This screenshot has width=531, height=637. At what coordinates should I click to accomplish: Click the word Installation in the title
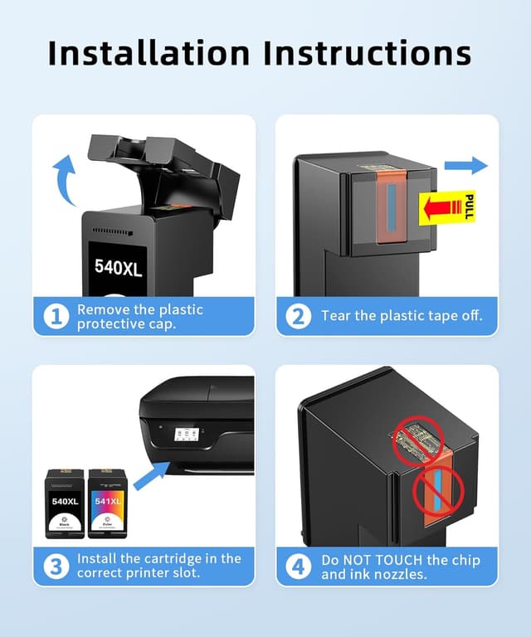click(x=148, y=52)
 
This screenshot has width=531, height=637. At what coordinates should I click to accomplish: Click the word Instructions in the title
click(x=367, y=52)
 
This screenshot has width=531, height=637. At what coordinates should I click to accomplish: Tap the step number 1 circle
click(x=56, y=317)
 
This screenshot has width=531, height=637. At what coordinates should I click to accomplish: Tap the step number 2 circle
click(x=299, y=316)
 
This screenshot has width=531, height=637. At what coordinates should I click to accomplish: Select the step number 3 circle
click(x=56, y=566)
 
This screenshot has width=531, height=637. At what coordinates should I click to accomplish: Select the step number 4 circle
click(x=299, y=566)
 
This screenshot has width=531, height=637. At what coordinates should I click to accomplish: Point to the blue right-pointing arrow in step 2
click(x=471, y=166)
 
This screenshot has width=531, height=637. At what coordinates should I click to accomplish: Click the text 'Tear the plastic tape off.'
click(x=402, y=316)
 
